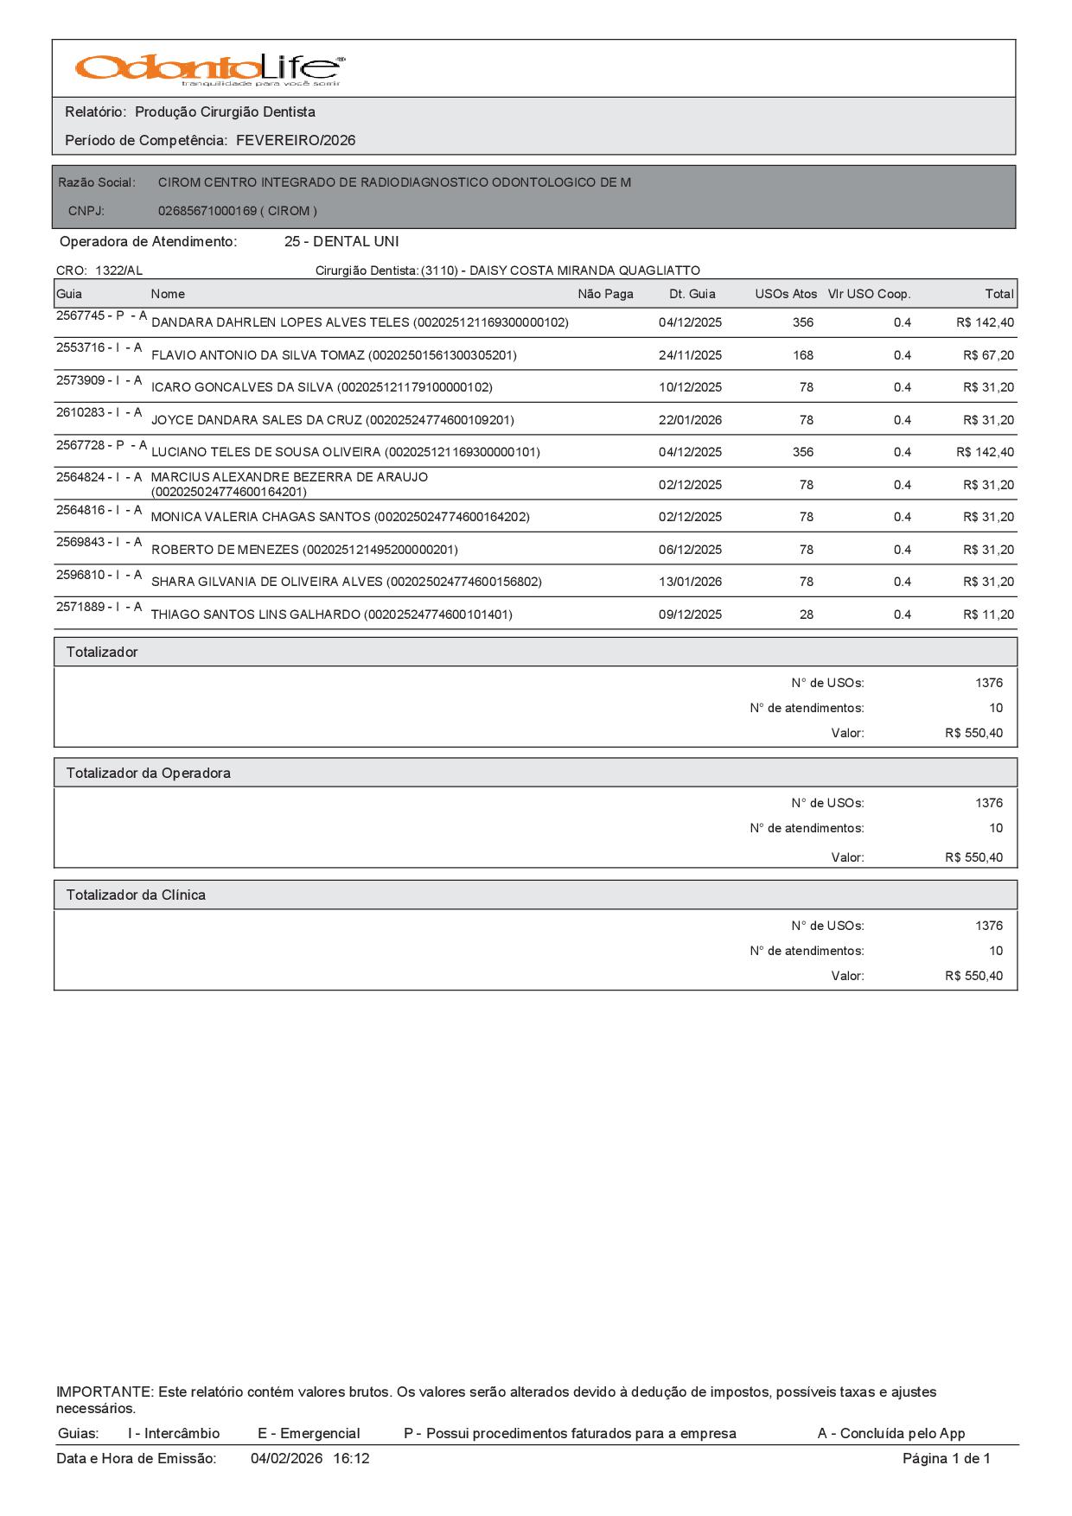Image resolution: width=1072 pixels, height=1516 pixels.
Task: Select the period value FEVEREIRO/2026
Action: [296, 140]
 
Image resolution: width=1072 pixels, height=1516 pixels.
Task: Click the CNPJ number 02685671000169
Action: [207, 211]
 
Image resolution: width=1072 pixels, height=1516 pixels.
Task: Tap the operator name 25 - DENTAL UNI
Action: [341, 241]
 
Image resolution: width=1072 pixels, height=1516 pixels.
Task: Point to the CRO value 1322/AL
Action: [118, 271]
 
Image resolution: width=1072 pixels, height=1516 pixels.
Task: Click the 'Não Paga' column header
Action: [605, 294]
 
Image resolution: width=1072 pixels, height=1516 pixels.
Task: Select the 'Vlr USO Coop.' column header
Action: [869, 294]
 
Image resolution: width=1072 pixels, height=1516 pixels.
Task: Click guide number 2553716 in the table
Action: [80, 347]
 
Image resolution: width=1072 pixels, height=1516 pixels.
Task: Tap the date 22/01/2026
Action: [690, 420]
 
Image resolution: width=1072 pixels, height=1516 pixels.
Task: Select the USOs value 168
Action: [803, 355]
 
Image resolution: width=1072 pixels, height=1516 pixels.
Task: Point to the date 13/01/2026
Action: [690, 582]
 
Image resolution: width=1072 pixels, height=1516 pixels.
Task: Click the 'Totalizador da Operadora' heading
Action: [149, 773]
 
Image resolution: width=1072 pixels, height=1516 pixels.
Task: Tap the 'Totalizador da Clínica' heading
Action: [136, 895]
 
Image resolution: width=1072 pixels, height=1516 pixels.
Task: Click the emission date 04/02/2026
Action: [286, 1458]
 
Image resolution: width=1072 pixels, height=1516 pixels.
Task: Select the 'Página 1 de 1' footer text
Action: [946, 1458]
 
